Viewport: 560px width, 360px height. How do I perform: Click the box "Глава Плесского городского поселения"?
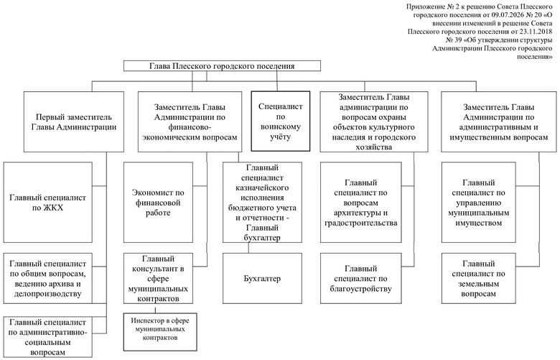click(x=222, y=66)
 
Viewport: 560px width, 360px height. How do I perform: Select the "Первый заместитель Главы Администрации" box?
click(x=74, y=122)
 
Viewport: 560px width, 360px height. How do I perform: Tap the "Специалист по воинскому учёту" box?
click(x=281, y=121)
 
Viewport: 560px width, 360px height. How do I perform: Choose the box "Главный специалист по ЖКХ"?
click(x=48, y=203)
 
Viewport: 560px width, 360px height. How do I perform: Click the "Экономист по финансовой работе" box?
click(x=158, y=203)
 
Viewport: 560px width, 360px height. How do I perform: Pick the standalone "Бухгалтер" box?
click(x=262, y=279)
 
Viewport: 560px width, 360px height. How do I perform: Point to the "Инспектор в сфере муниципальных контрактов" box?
click(x=160, y=332)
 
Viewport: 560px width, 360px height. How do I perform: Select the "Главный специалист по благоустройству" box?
click(x=360, y=279)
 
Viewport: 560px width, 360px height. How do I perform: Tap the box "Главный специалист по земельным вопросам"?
click(x=479, y=279)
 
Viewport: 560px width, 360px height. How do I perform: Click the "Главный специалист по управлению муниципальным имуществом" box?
click(x=479, y=203)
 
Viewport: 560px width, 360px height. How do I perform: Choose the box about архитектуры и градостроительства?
click(x=360, y=203)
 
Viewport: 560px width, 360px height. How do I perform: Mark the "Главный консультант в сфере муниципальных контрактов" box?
click(x=158, y=279)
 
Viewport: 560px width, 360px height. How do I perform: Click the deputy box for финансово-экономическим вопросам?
click(x=190, y=122)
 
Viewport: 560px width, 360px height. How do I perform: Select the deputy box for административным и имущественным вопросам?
click(x=498, y=122)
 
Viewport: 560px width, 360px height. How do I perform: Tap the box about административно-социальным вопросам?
click(x=48, y=337)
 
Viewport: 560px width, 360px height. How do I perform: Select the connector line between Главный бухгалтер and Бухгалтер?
click(x=249, y=248)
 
